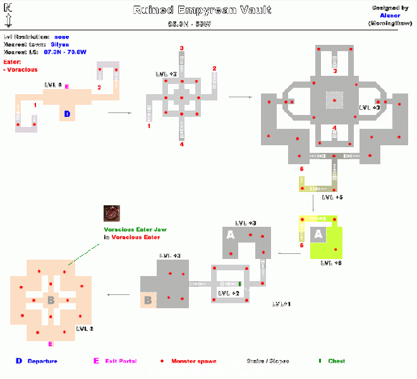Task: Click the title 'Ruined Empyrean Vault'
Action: [202, 9]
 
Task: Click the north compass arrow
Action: [8, 16]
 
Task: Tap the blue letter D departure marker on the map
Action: [67, 114]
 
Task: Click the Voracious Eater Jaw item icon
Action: [113, 213]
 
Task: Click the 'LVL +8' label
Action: [331, 263]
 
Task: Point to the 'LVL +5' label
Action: [332, 198]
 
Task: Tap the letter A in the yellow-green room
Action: [319, 234]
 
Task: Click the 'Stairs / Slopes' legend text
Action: [268, 361]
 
